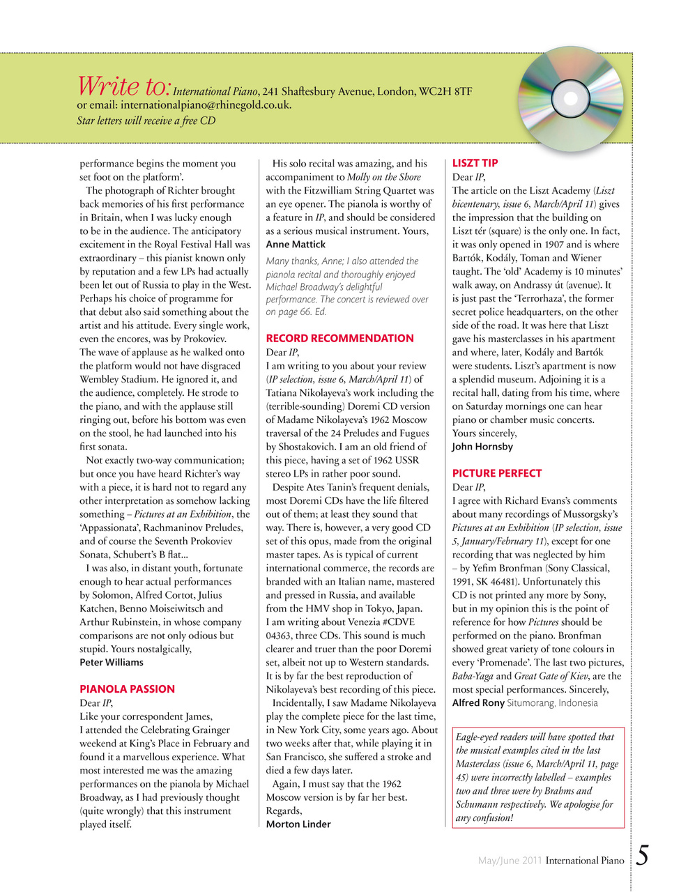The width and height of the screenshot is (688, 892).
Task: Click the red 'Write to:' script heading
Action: [x=123, y=86]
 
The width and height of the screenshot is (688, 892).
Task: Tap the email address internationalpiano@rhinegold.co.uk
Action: [x=205, y=105]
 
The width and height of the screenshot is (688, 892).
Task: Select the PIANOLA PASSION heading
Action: [x=127, y=689]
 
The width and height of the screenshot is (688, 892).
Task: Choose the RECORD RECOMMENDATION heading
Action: [x=339, y=339]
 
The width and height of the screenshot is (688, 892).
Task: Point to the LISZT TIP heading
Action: [x=475, y=163]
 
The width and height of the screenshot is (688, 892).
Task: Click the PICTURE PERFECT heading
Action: [x=496, y=474]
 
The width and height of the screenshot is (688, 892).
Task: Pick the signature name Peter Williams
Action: [x=112, y=663]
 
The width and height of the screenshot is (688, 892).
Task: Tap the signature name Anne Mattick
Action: [x=296, y=245]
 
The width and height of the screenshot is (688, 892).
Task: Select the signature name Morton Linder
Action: [x=298, y=824]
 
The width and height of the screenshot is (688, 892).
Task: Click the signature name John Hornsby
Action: [x=482, y=447]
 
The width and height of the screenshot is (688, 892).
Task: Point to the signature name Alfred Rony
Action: [x=478, y=703]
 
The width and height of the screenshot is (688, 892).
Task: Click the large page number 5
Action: [x=642, y=856]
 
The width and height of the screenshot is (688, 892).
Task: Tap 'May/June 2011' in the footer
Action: [x=510, y=861]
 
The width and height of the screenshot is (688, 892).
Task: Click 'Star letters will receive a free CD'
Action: [x=146, y=121]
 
